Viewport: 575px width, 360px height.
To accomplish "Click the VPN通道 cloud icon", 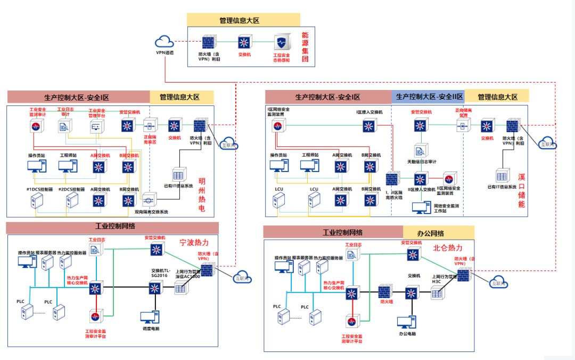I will coord(165,42).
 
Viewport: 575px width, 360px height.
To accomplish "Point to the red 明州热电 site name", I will coord(202,194).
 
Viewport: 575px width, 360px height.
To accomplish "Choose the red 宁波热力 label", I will coord(198,242).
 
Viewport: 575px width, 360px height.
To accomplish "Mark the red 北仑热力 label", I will coord(448,248).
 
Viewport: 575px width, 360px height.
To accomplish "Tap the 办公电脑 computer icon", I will coord(406,323).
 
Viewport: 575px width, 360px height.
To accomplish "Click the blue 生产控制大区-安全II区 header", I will coord(429,97).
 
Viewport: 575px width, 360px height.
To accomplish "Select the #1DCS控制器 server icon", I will coord(37,201).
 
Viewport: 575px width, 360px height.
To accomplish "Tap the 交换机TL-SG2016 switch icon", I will coord(156,288).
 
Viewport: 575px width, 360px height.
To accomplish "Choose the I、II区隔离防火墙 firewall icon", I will coord(392,179).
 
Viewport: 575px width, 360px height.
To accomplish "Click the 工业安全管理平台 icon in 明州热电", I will coord(96,126).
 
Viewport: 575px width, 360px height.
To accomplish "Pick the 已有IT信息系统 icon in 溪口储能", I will coord(501,176).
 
